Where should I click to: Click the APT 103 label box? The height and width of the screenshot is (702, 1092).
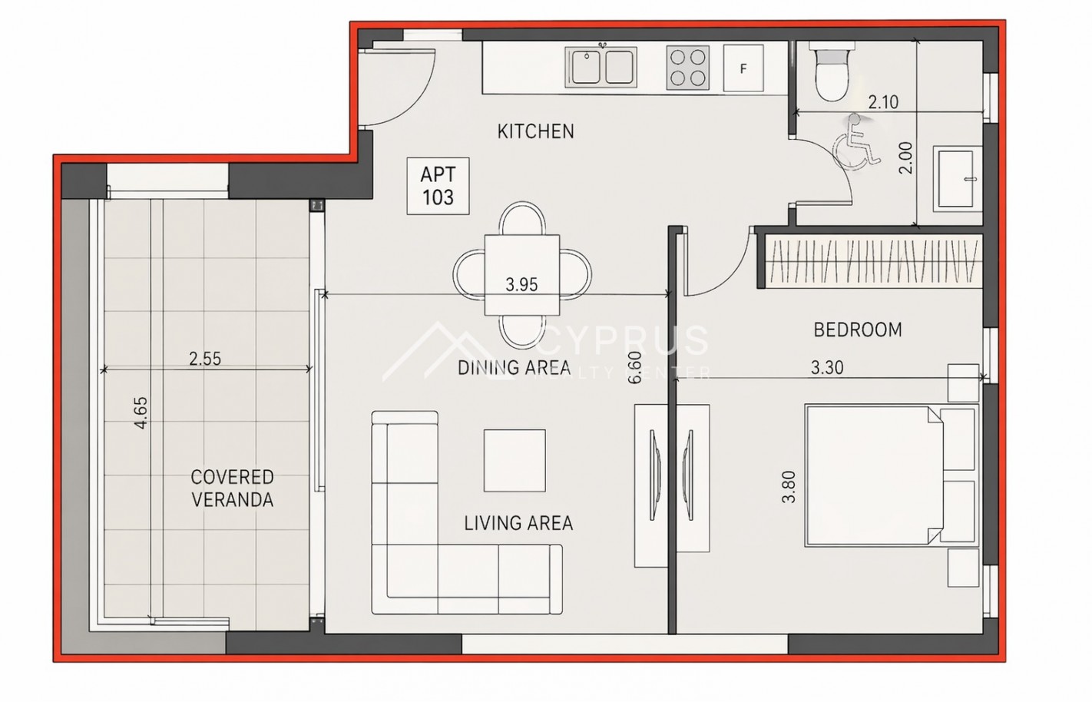pyautogui.click(x=438, y=186)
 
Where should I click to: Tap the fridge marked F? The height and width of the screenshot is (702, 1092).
pyautogui.click(x=743, y=68)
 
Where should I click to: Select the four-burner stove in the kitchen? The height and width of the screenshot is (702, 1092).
pyautogui.click(x=687, y=68)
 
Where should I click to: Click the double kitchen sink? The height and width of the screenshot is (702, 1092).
pyautogui.click(x=601, y=67)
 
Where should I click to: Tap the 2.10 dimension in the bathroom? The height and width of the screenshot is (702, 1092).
pyautogui.click(x=883, y=102)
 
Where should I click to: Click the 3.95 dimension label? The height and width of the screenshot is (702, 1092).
pyautogui.click(x=521, y=284)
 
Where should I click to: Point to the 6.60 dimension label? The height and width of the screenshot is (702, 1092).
pyautogui.click(x=635, y=367)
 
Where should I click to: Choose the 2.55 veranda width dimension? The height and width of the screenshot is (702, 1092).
pyautogui.click(x=205, y=359)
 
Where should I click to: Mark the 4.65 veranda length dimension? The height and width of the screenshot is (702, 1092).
pyautogui.click(x=141, y=413)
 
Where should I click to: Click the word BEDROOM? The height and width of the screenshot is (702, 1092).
pyautogui.click(x=858, y=330)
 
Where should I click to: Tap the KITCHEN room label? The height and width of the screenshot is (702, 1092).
pyautogui.click(x=536, y=131)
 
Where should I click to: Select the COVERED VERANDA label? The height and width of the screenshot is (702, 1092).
pyautogui.click(x=232, y=488)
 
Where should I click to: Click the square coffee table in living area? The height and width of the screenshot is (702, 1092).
pyautogui.click(x=515, y=460)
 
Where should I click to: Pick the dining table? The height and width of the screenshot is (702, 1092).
pyautogui.click(x=521, y=275)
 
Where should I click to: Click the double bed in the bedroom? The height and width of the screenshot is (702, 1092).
pyautogui.click(x=892, y=475)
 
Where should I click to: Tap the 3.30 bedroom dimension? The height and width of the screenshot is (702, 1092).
pyautogui.click(x=827, y=367)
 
